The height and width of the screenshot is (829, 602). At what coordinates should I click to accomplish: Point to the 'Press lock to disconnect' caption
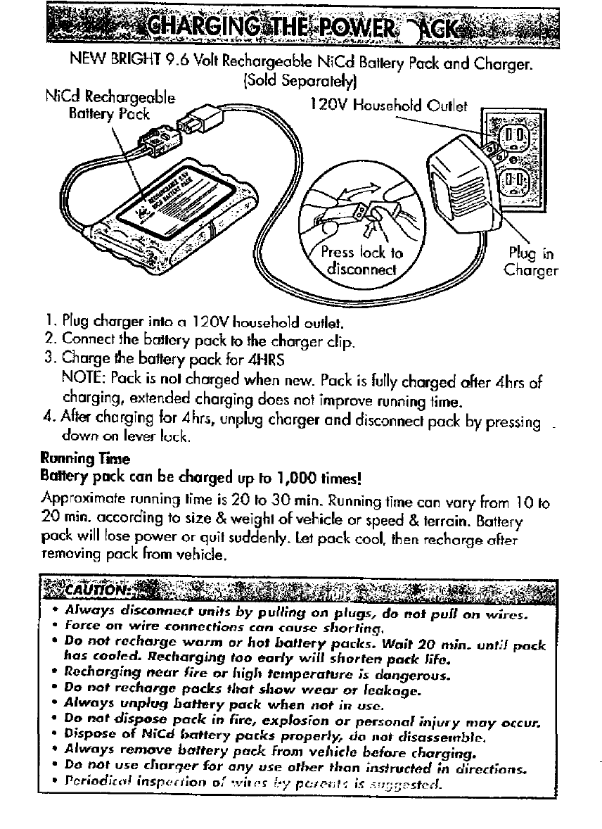(x=361, y=261)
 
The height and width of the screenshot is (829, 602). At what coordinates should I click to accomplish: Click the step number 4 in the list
(x=49, y=422)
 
